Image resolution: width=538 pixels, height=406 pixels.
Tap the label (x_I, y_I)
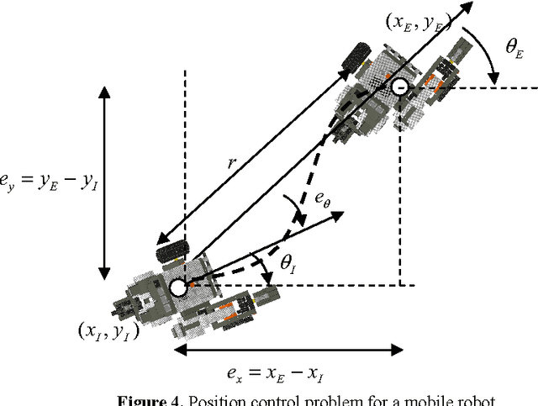103,330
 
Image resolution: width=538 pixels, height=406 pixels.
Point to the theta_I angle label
289,268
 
